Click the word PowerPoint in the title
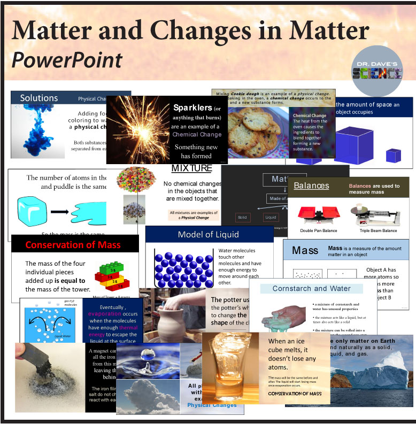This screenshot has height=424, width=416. point(67,60)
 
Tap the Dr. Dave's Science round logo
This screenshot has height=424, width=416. point(378,72)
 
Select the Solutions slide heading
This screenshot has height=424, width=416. point(39,98)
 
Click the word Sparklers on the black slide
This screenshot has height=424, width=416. point(192,107)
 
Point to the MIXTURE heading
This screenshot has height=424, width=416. point(191,168)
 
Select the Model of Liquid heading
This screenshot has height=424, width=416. point(209,235)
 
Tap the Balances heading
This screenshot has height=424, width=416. point(311,186)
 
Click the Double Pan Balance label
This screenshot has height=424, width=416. point(318,230)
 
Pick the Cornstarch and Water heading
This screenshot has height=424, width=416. point(311,288)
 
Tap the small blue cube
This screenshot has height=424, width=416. point(394,155)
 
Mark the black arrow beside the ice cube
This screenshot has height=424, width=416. point(60,212)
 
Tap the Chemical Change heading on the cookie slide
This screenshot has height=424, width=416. point(310,115)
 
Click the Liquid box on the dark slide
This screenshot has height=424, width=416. point(271,218)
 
